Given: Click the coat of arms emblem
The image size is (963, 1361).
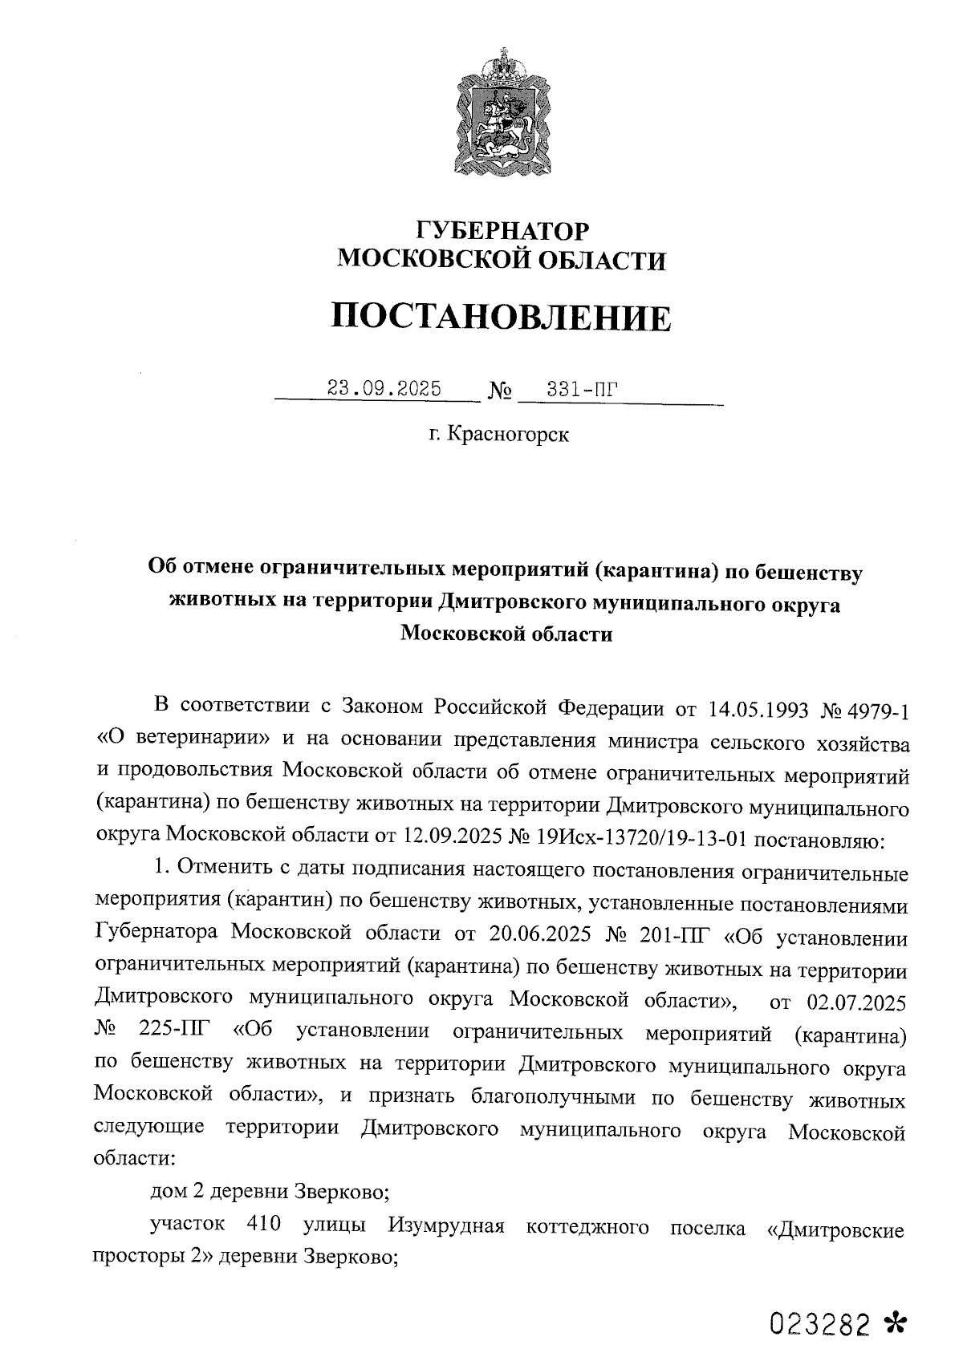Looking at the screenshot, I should coord(503,112).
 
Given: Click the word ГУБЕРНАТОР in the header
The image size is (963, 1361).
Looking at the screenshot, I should coord(503,231).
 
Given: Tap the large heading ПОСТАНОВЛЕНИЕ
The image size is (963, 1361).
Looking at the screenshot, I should coord(502,318).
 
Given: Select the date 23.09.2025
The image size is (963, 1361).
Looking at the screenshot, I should coord(384,389).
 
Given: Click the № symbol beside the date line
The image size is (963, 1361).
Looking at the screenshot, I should coord(500,391).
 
